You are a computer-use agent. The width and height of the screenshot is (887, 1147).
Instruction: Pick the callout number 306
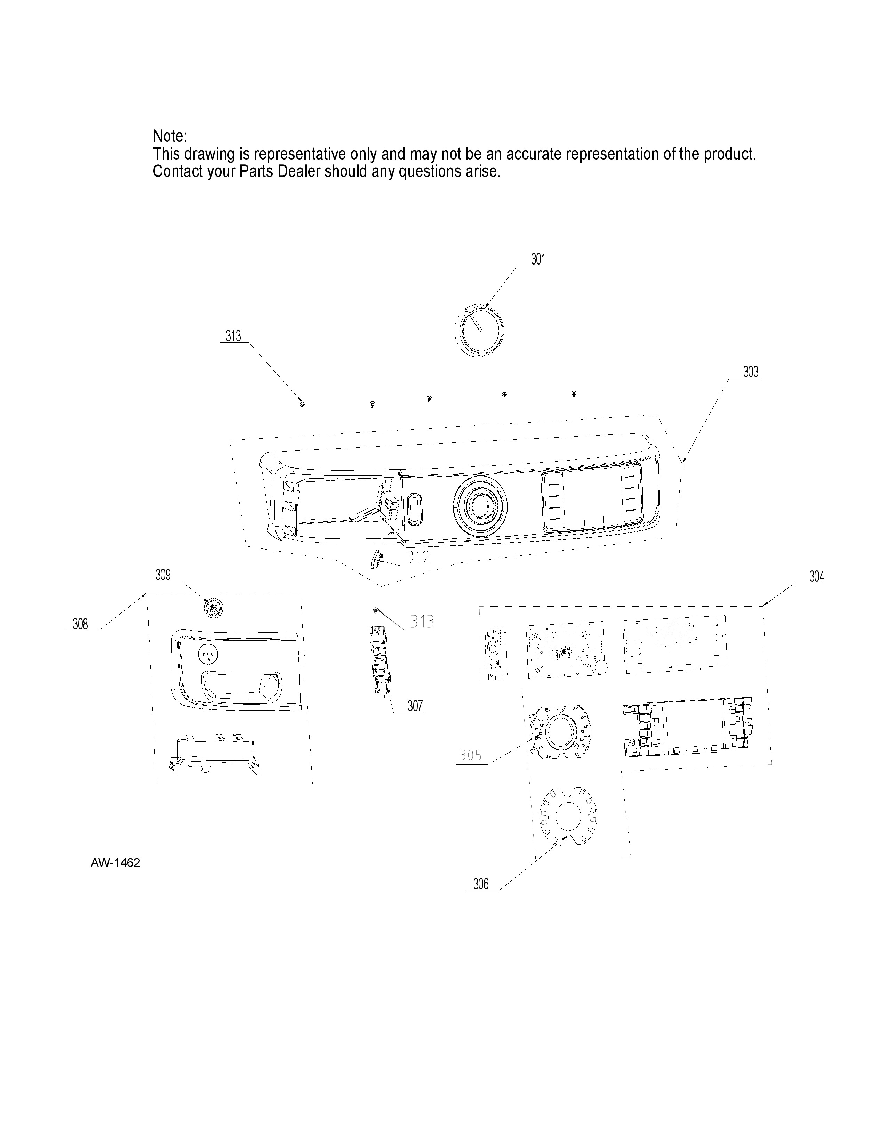(481, 885)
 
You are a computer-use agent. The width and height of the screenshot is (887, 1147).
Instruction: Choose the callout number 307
(415, 706)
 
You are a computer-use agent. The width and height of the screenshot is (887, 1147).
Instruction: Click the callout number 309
(163, 575)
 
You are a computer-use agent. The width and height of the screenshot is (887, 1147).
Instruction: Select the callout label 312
(418, 557)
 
